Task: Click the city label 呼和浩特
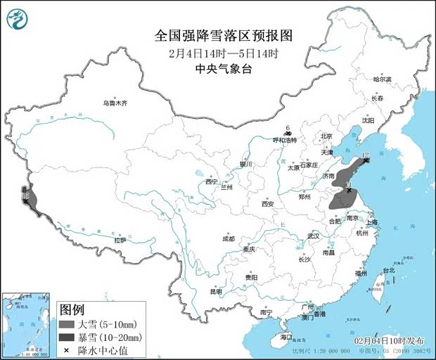(x=285, y=140)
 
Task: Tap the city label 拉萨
(x=120, y=240)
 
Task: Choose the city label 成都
(x=229, y=238)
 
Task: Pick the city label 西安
(x=267, y=204)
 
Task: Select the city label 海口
(x=286, y=337)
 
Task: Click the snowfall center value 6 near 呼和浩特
(x=288, y=127)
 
